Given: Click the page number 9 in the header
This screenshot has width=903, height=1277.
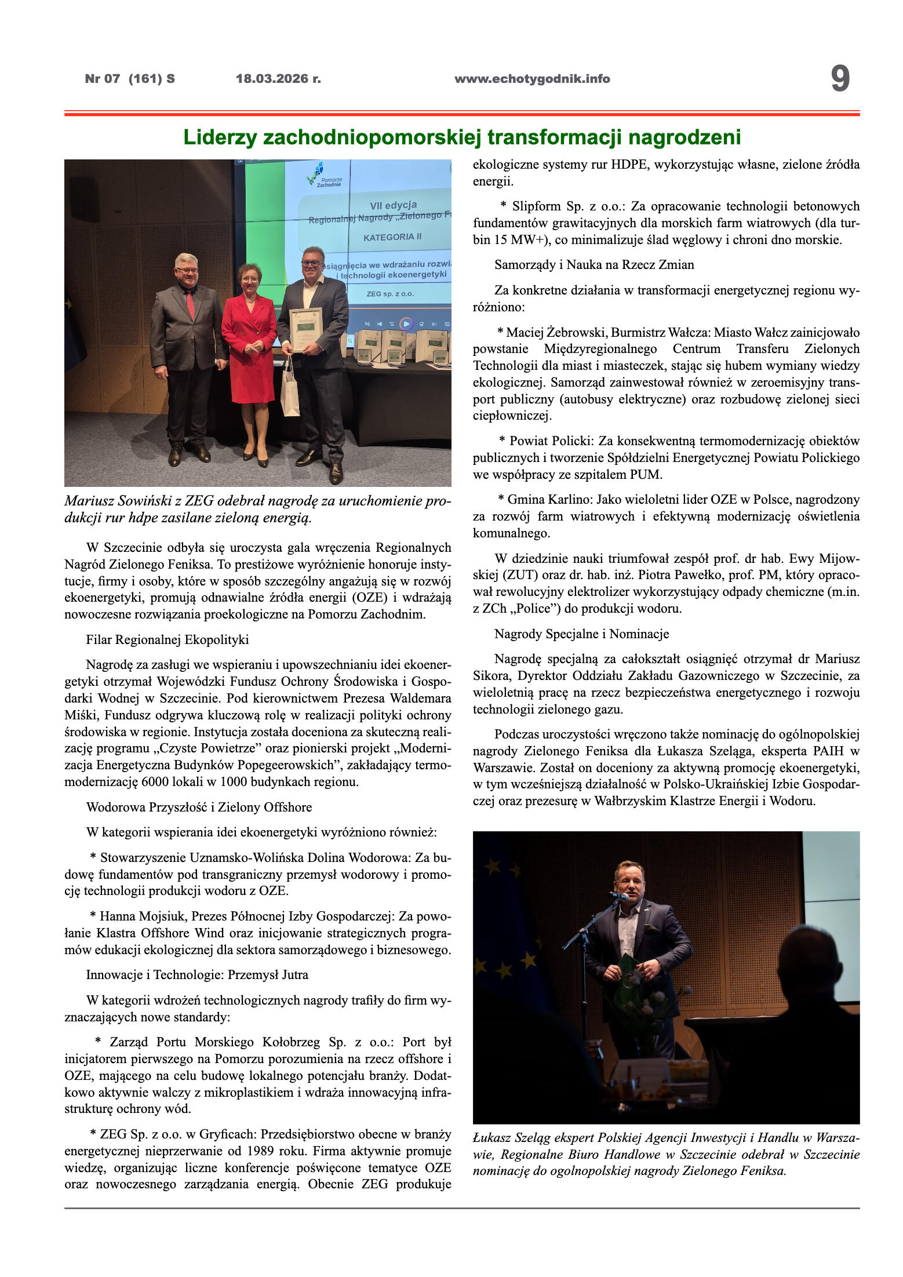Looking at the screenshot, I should (840, 79).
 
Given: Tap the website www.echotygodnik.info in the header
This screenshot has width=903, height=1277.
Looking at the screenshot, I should (532, 79).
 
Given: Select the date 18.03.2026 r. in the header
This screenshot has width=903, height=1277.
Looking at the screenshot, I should (278, 79).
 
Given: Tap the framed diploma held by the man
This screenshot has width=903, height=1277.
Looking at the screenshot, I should (305, 329).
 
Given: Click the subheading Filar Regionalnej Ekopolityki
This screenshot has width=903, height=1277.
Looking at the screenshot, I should (168, 640).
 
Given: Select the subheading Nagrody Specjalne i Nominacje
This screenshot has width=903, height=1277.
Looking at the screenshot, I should (581, 634).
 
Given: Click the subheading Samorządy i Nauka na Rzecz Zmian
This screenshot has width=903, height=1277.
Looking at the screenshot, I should (594, 265).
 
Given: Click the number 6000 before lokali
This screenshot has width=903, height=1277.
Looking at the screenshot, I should (156, 781).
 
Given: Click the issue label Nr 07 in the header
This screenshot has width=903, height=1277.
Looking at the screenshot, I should (103, 79).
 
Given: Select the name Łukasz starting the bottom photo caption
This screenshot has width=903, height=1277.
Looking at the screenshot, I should (491, 1138).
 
